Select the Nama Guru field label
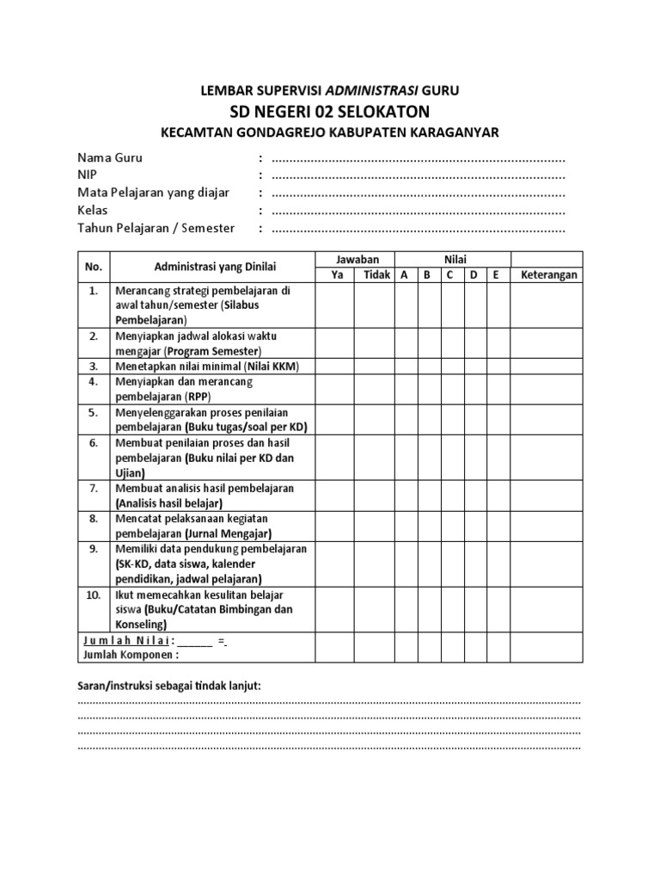pyautogui.click(x=110, y=158)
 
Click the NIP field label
pyautogui.click(x=89, y=176)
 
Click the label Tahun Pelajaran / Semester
pyautogui.click(x=156, y=228)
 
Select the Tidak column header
pyautogui.click(x=376, y=275)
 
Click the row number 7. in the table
pyautogui.click(x=94, y=488)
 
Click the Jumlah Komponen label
pyautogui.click(x=131, y=654)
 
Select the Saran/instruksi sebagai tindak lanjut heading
pyautogui.click(x=164, y=685)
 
